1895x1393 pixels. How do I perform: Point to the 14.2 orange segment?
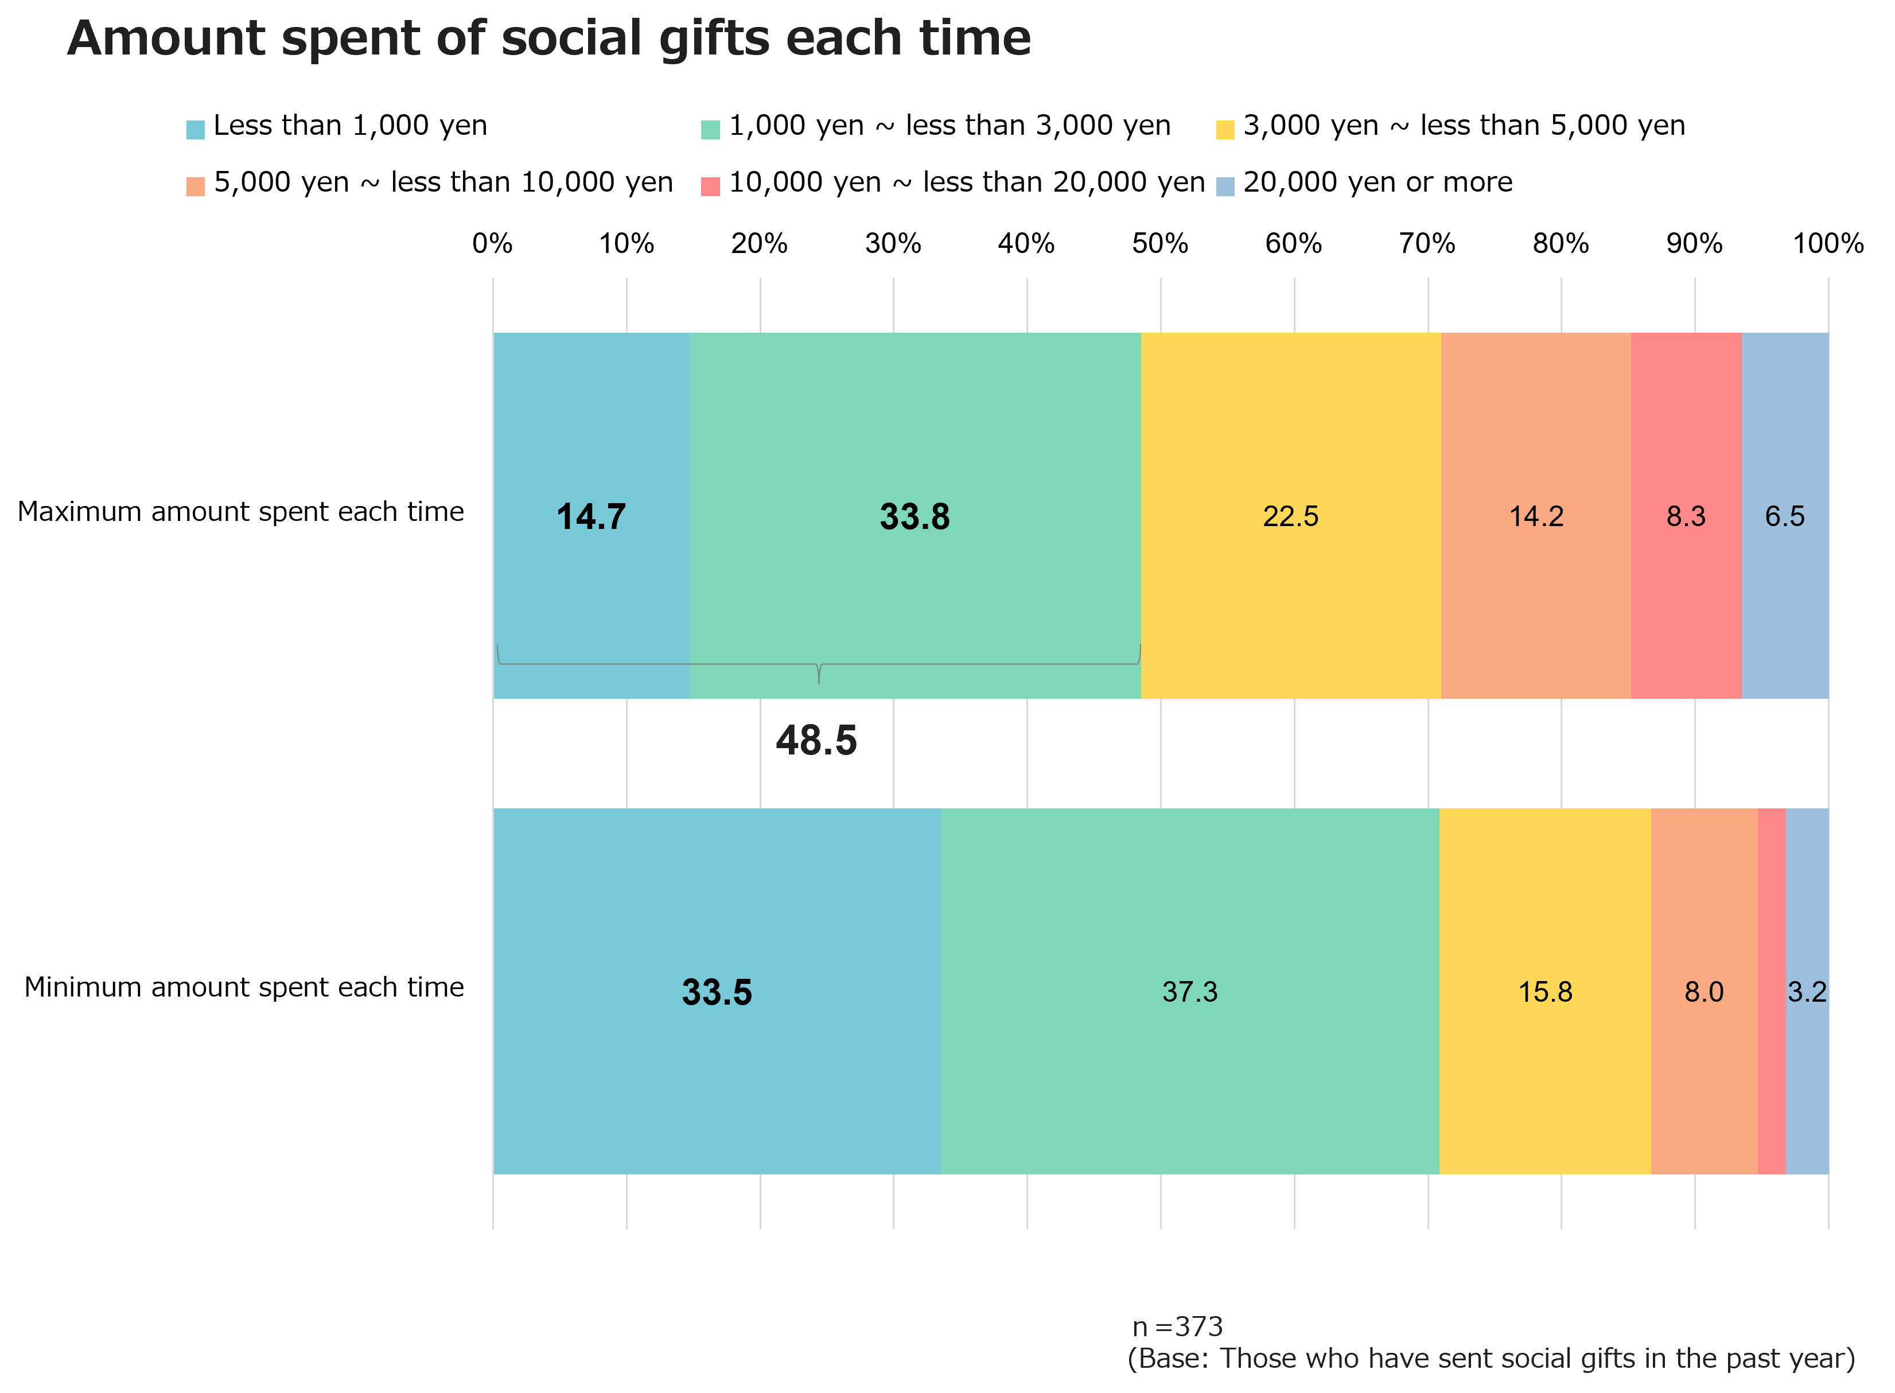1536,516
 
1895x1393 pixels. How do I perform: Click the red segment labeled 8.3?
1686,516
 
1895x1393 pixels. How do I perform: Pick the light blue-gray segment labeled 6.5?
1785,516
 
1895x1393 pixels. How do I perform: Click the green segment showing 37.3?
1189,991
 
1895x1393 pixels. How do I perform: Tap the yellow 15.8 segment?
1544,991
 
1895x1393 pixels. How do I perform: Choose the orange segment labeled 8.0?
1703,991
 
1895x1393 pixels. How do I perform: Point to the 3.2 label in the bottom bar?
1807,991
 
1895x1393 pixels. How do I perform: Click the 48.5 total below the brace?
816,740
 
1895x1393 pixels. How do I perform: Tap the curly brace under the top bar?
819,666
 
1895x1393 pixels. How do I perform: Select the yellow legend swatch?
1225,130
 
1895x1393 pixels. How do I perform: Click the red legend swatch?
710,186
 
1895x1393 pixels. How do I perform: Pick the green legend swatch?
710,130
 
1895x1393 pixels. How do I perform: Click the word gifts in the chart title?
713,39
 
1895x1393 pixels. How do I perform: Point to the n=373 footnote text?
1178,1327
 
